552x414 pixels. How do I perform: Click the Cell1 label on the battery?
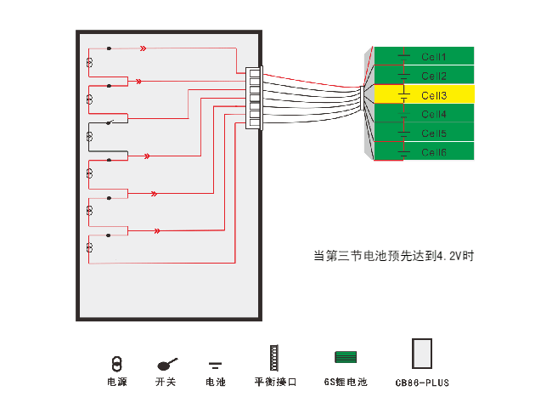click(433, 57)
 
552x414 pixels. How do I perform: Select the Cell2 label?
click(433, 77)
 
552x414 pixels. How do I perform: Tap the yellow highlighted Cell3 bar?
click(424, 95)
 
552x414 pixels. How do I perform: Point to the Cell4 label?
click(433, 114)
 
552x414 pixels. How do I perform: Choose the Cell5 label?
click(433, 133)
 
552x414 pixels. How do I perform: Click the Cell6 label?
click(433, 152)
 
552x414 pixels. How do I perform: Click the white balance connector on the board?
click(254, 99)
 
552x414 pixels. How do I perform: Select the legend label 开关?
click(166, 383)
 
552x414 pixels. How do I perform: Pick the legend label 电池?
click(216, 383)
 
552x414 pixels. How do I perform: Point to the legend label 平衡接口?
click(275, 383)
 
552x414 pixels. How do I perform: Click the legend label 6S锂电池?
click(346, 383)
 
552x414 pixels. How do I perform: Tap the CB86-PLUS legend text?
click(422, 383)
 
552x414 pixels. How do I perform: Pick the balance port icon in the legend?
click(273, 358)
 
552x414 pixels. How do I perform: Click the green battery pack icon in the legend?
click(345, 357)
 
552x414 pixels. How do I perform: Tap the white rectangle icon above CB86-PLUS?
click(421, 354)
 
